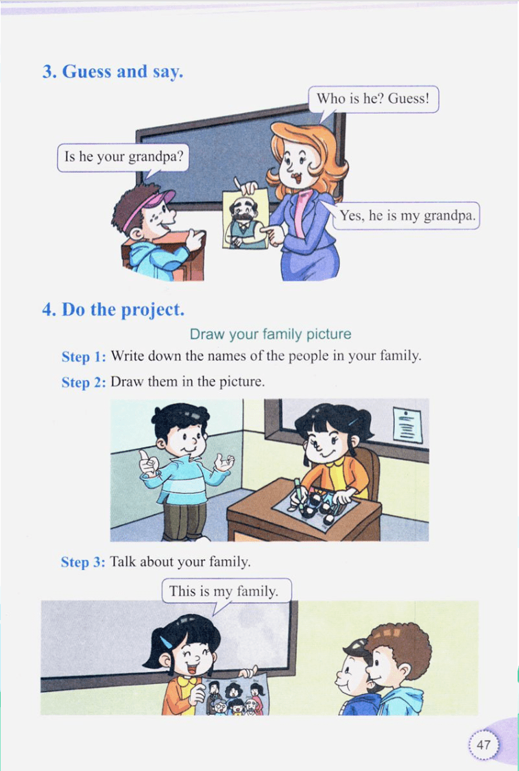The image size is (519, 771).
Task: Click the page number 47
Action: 483,744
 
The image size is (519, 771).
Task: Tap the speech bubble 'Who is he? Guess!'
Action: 374,100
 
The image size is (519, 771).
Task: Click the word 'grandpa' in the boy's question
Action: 156,157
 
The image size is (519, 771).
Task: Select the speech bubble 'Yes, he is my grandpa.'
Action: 405,216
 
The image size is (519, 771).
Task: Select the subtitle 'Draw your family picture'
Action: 270,334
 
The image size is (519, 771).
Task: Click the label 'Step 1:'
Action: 84,357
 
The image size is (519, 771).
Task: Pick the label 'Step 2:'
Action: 84,382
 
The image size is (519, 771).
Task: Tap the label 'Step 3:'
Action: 83,562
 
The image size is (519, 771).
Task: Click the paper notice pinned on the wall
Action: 407,425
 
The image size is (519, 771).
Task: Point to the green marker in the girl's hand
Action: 298,492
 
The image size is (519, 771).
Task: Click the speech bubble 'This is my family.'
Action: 226,591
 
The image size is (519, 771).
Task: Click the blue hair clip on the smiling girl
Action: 166,642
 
